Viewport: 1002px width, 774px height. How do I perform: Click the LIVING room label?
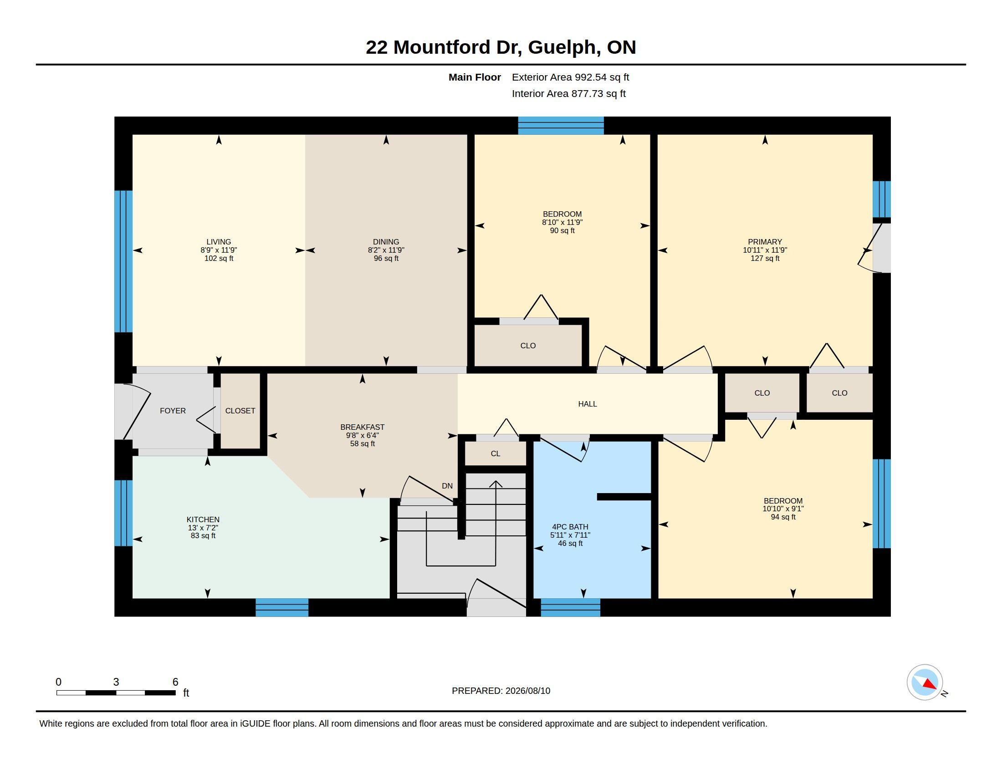[x=218, y=242]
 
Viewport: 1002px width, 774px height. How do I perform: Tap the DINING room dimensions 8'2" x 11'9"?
[x=386, y=250]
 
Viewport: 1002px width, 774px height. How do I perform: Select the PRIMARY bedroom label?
[x=765, y=242]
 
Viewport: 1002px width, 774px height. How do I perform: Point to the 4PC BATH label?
[x=570, y=527]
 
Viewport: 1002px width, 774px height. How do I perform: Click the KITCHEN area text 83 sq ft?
[x=203, y=535]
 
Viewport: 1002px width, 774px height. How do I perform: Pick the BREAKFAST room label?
[x=363, y=427]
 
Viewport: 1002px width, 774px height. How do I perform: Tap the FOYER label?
[x=173, y=411]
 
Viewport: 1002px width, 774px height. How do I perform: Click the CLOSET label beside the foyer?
[x=240, y=411]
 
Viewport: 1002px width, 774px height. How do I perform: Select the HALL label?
[x=587, y=404]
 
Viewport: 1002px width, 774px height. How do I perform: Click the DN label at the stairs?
[x=447, y=486]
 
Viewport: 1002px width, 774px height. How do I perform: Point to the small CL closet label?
[x=496, y=453]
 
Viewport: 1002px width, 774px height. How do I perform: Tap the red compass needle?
[x=930, y=684]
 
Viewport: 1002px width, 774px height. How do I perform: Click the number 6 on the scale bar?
[x=175, y=682]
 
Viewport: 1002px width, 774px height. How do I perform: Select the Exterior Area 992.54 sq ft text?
[x=570, y=77]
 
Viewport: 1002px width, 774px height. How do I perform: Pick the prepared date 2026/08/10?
[x=527, y=691]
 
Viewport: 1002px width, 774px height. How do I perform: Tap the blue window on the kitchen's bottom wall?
[x=281, y=607]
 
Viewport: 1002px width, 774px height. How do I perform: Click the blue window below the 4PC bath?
[x=570, y=607]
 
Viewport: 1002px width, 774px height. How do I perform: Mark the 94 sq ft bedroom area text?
[x=783, y=517]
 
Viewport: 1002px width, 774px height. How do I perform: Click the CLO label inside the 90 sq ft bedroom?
[x=528, y=346]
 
